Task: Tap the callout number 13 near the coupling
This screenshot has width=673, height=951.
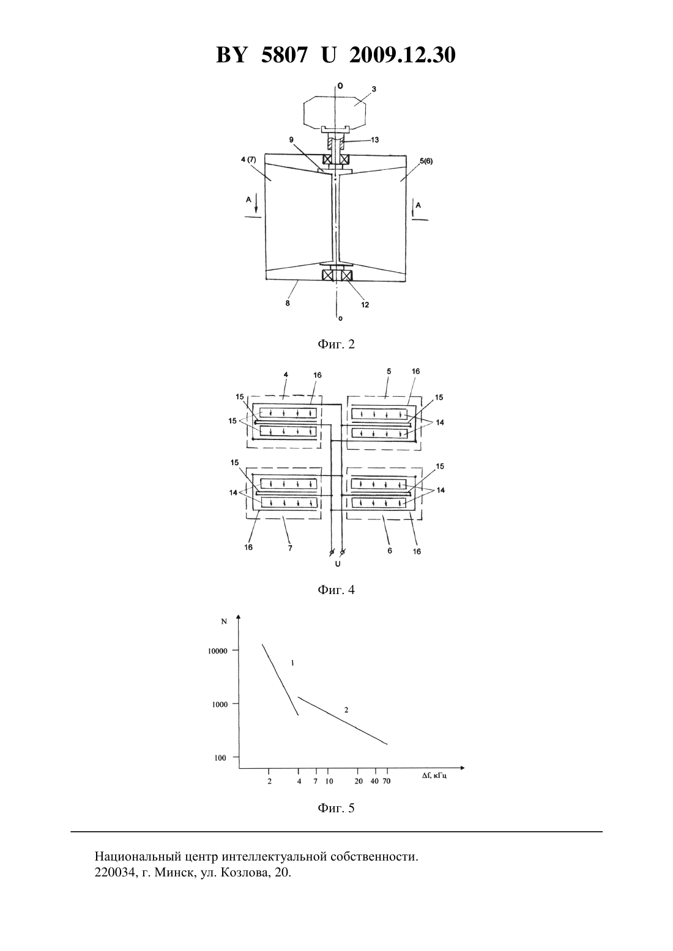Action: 374,140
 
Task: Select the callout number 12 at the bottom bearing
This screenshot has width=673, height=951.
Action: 365,304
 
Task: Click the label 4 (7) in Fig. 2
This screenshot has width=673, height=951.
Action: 248,160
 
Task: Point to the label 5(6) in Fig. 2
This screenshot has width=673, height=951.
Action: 426,161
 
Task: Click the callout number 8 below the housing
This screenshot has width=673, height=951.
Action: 288,303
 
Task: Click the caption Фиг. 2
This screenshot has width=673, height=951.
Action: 336,344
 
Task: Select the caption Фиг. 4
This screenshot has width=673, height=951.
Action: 336,590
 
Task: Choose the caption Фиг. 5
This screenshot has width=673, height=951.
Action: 336,808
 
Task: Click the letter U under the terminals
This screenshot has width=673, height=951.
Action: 337,564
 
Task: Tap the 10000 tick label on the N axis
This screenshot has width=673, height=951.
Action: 218,651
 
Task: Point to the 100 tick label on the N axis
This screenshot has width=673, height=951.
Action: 220,758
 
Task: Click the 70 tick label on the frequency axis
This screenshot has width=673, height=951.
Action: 387,780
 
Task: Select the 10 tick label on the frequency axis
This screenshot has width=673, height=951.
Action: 329,780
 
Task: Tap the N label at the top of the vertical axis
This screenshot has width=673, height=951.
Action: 224,622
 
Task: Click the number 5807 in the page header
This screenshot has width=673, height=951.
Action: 284,55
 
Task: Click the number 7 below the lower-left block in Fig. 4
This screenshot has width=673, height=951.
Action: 290,548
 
